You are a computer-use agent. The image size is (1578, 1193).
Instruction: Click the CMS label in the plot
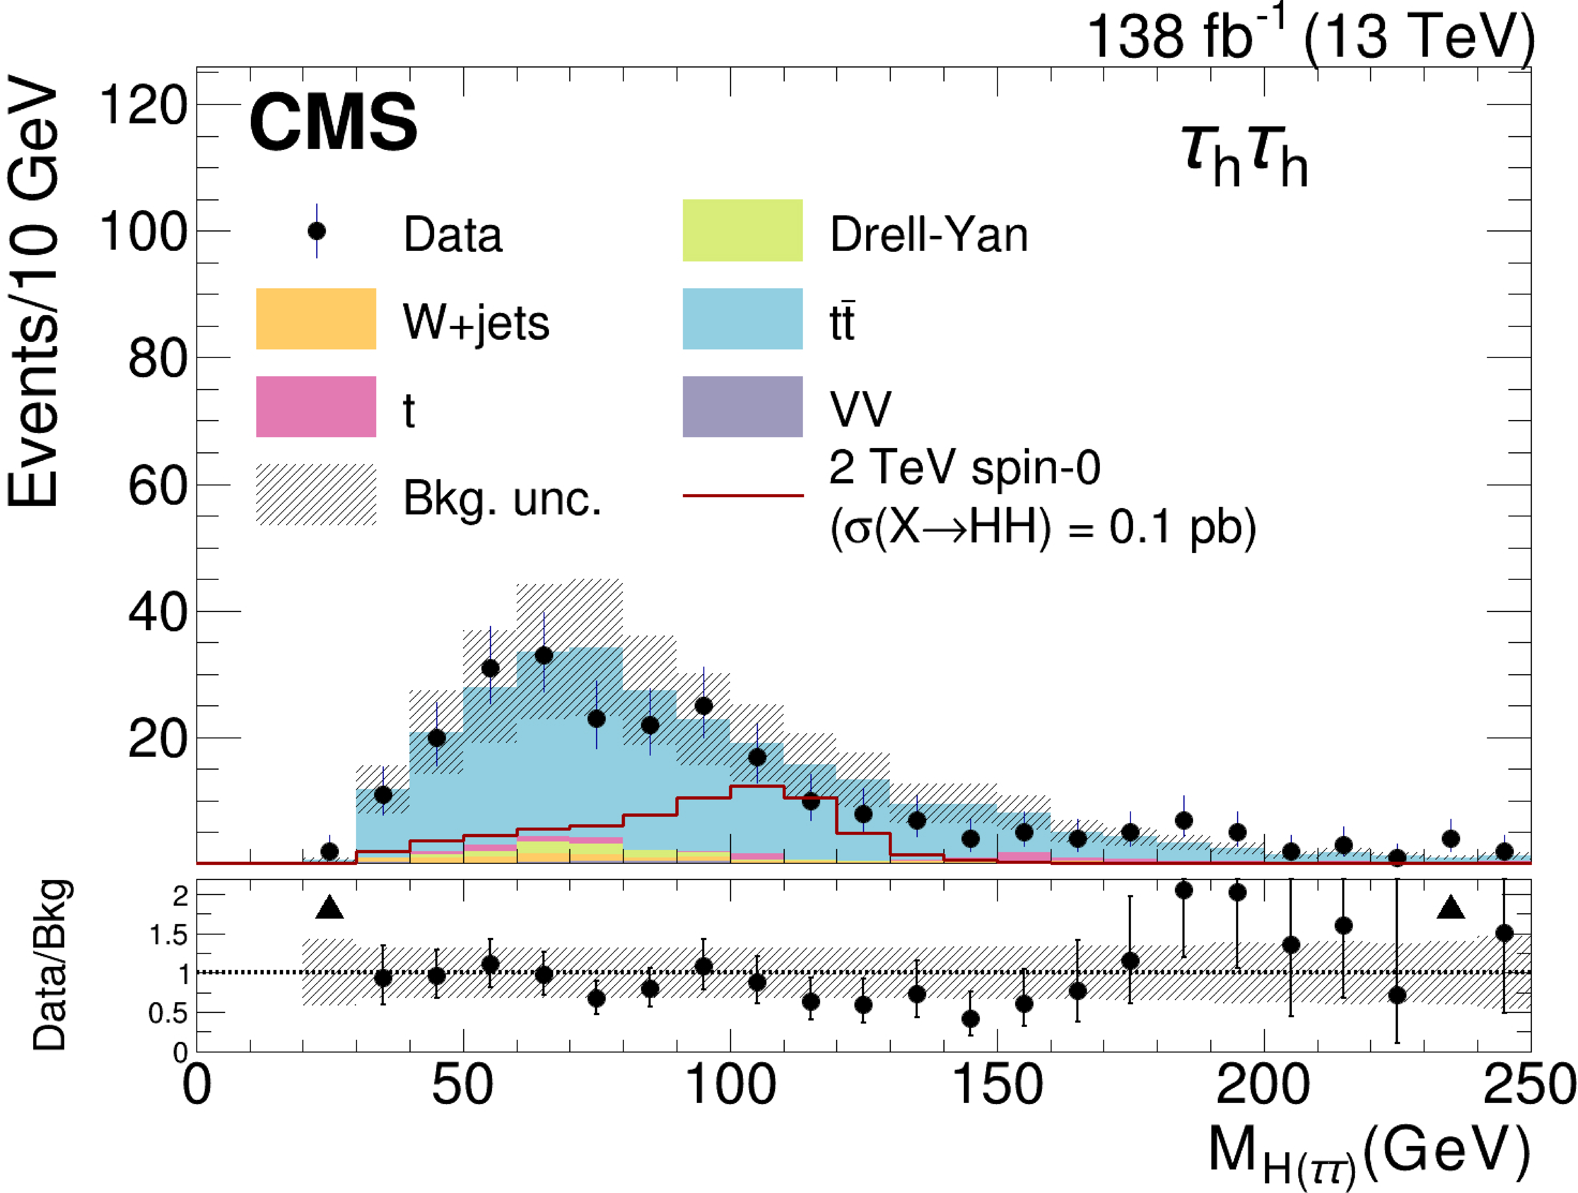pos(333,123)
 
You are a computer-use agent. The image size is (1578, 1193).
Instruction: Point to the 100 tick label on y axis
pos(143,232)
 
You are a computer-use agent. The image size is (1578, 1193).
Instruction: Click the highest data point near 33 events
pos(544,655)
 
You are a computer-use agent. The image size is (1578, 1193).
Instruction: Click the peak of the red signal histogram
pos(757,786)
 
